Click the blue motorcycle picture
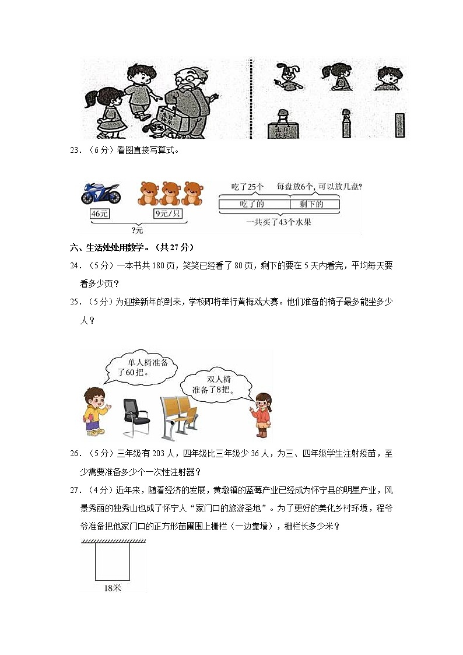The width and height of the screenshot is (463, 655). point(101,193)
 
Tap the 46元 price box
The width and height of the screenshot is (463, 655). point(100,214)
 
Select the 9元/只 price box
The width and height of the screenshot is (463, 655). point(168,214)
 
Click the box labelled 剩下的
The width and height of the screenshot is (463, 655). point(315,204)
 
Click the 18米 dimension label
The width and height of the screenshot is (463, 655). point(113,589)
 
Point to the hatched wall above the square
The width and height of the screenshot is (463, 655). point(114,542)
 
